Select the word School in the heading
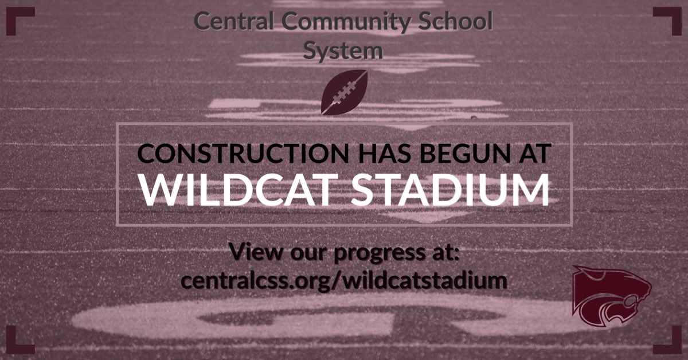point(459,22)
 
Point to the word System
point(343,50)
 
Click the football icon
point(344,92)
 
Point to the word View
point(253,252)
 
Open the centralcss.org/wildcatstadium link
point(344,281)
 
